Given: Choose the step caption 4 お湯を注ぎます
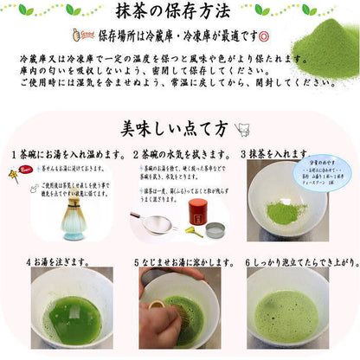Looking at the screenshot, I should pos(58,260).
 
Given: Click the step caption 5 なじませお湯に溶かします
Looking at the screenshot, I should pos(184,260).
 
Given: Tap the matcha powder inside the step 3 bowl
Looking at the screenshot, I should pos(290,212).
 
